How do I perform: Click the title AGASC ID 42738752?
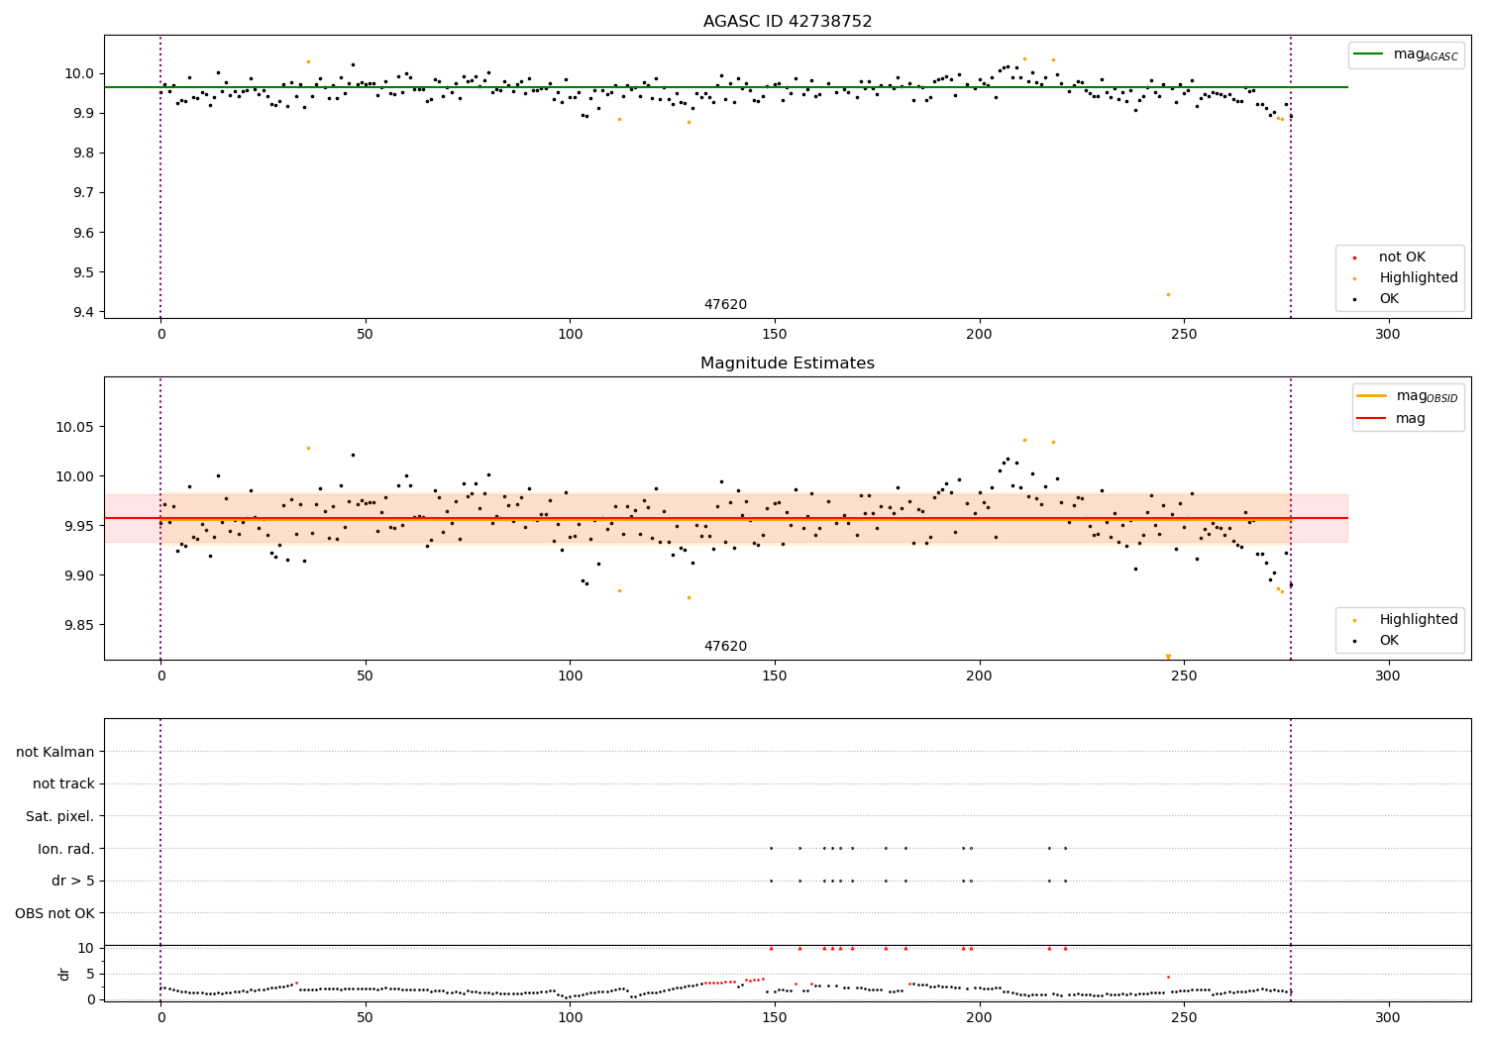[x=788, y=22]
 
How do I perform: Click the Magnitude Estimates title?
[x=788, y=364]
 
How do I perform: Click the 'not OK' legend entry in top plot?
[x=1402, y=258]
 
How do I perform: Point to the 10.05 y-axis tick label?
[x=72, y=427]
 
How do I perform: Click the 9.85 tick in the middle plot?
[x=76, y=625]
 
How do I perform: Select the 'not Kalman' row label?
[x=55, y=752]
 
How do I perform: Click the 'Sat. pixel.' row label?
[x=60, y=816]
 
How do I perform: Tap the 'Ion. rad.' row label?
[x=66, y=849]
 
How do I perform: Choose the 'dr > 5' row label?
[x=73, y=881]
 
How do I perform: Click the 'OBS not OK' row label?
[x=55, y=913]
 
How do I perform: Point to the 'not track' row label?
[x=63, y=783]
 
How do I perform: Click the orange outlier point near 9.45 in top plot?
[x=1168, y=294]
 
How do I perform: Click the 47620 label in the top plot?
[x=725, y=305]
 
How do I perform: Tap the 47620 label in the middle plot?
[x=725, y=647]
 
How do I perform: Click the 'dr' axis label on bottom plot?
[x=64, y=974]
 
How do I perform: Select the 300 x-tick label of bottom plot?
[x=1388, y=1019]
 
